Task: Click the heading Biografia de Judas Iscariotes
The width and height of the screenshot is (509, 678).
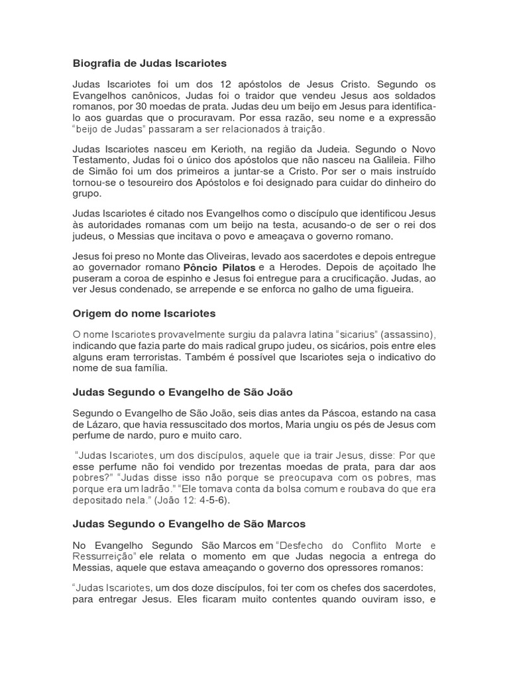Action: coord(149,64)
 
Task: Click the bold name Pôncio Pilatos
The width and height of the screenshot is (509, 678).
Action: coord(219,267)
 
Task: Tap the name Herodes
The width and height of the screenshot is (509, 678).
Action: coord(296,267)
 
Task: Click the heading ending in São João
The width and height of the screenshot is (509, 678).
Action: coord(182,392)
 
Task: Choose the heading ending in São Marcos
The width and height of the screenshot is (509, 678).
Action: coord(189,524)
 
